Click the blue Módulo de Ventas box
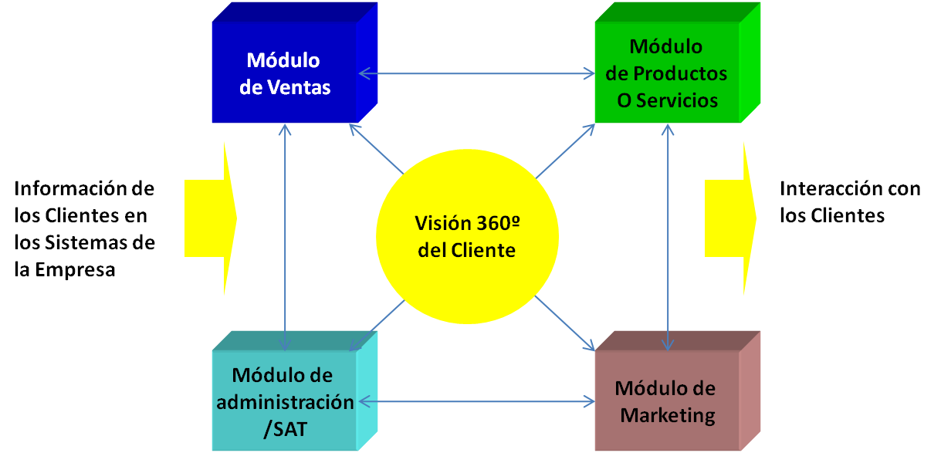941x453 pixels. [x=284, y=73]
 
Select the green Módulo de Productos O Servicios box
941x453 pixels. [x=666, y=73]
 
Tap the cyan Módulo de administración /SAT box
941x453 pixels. [x=283, y=402]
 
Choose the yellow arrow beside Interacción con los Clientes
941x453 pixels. [x=729, y=218]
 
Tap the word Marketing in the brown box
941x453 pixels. [x=668, y=415]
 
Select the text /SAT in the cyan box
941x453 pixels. [x=285, y=428]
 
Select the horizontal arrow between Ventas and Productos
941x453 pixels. [x=476, y=73]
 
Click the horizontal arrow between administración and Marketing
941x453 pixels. [x=476, y=401]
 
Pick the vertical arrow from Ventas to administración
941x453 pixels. [x=286, y=232]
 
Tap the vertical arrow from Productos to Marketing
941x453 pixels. [x=668, y=232]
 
